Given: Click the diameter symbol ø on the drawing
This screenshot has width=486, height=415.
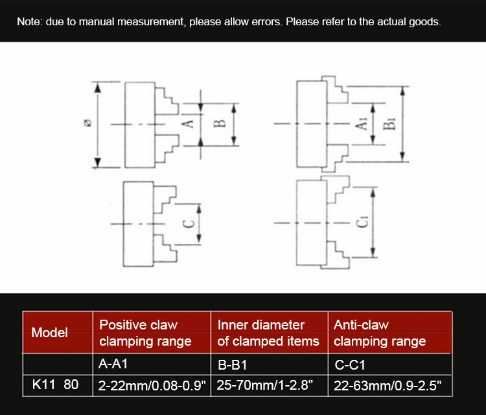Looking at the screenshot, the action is coord(88,123).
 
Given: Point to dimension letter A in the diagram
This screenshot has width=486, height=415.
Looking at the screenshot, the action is coord(188,124).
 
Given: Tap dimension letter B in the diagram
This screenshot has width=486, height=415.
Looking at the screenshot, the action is coord(220,123).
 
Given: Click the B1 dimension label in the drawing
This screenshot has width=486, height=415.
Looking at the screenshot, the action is coord(389,124).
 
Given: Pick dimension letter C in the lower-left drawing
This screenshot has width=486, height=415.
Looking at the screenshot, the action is coord(189,224).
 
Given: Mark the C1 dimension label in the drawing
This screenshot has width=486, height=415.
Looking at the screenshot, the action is coord(362,222).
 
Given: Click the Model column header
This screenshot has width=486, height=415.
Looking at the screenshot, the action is coord(50,333).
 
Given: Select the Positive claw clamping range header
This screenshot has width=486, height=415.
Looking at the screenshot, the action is coord(145,333).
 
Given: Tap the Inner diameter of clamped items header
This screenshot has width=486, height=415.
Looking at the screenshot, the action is coord(268,333).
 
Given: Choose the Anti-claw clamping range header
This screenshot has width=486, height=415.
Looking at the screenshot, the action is coord(380,333).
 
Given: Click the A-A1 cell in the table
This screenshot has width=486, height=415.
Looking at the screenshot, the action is coord(113,364).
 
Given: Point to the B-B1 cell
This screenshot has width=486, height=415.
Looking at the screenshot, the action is coord(233,365).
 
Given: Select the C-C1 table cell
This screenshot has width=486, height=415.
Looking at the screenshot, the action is coord(350,365).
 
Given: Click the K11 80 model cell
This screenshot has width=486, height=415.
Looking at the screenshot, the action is coord(55,385).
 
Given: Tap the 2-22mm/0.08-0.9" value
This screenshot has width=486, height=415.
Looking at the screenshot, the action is coord(152,386).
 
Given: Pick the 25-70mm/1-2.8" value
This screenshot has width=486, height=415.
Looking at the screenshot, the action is coord(264,385).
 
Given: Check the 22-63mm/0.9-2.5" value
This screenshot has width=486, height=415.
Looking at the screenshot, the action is coord(388,386).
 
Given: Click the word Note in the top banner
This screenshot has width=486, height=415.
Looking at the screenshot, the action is coord(29,21).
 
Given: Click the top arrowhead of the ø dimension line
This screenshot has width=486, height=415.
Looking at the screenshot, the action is coord(98,88).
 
